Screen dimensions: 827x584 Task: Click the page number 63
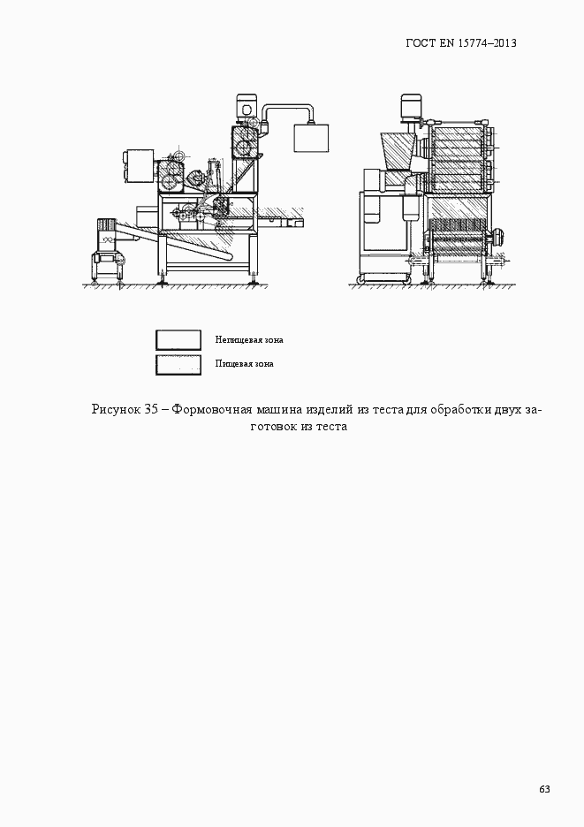544,789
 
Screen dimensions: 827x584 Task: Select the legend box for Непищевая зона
178,340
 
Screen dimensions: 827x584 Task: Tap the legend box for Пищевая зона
178,364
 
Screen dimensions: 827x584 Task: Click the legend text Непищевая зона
248,339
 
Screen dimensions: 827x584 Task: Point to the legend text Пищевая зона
243,363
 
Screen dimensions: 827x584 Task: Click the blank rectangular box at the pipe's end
310,140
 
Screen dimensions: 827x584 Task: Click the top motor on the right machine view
409,107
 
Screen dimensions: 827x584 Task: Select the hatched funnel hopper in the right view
393,151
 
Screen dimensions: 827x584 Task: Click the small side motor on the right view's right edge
498,235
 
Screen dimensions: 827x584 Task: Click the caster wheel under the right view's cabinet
360,281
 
